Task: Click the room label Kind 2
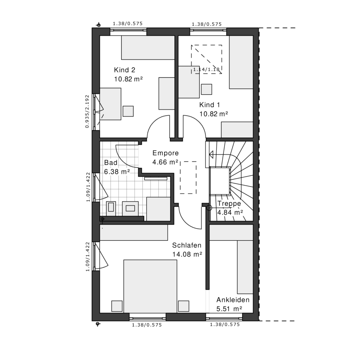coord(124,70)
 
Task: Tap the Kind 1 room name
coord(210,105)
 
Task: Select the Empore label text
coord(165,153)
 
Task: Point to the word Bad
coord(111,162)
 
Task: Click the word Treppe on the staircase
coord(229,204)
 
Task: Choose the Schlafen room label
coord(187,245)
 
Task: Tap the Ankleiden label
coord(233,300)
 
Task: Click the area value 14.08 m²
coord(187,255)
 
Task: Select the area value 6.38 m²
coord(117,172)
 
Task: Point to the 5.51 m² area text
coord(229,309)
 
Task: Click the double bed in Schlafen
coord(150,286)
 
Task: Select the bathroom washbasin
coord(130,208)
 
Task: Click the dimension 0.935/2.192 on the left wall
coord(87,111)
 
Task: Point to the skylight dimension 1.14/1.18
coord(206,69)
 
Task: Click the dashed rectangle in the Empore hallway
coord(188,178)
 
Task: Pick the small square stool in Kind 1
coord(206,89)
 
